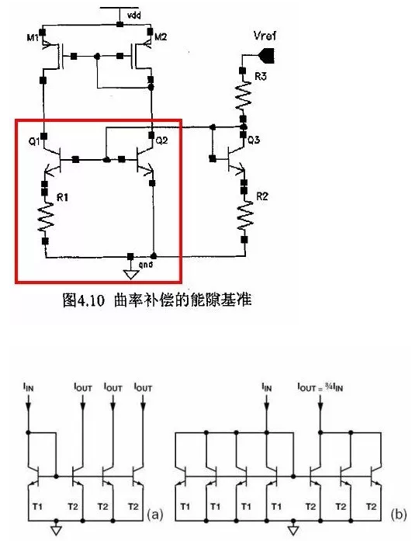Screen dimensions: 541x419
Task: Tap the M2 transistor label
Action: pyautogui.click(x=161, y=37)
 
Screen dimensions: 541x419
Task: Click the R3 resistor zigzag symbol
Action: pyautogui.click(x=243, y=97)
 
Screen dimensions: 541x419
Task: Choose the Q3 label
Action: pyautogui.click(x=253, y=140)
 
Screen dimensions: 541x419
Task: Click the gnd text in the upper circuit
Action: pyautogui.click(x=145, y=265)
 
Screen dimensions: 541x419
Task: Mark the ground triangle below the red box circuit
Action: pyautogui.click(x=130, y=272)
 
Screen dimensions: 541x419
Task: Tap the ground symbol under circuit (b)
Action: pyautogui.click(x=293, y=531)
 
